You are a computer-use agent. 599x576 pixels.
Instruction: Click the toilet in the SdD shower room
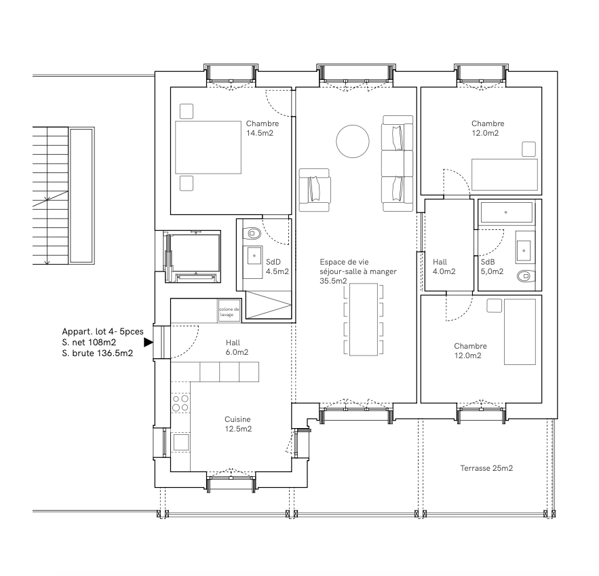(x=252, y=233)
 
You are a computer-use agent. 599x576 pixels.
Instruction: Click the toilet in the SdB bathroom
(x=526, y=276)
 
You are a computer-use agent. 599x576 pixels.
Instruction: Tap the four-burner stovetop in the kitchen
(x=180, y=404)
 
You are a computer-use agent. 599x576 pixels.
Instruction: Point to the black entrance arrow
(x=149, y=343)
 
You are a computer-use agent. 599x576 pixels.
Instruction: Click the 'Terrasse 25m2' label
(x=486, y=468)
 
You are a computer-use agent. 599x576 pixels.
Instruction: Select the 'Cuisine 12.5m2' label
(x=238, y=424)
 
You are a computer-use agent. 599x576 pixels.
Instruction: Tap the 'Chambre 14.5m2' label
(x=262, y=128)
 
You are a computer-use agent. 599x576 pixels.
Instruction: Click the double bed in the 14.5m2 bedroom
(x=208, y=147)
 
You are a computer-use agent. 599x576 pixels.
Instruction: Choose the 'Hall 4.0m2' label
(x=444, y=266)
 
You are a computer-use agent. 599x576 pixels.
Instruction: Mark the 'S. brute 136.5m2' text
(x=97, y=353)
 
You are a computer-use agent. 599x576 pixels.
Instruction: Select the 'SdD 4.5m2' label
(x=277, y=266)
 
